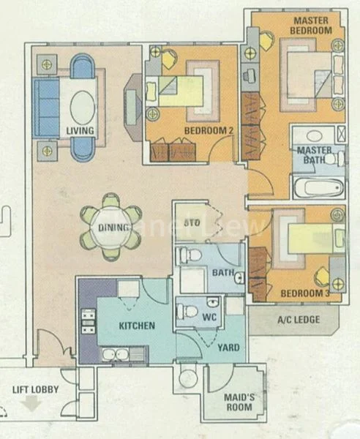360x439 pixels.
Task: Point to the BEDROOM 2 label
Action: tap(188, 132)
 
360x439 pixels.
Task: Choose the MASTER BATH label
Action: tap(315, 156)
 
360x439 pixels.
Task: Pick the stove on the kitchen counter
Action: tap(88, 321)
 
